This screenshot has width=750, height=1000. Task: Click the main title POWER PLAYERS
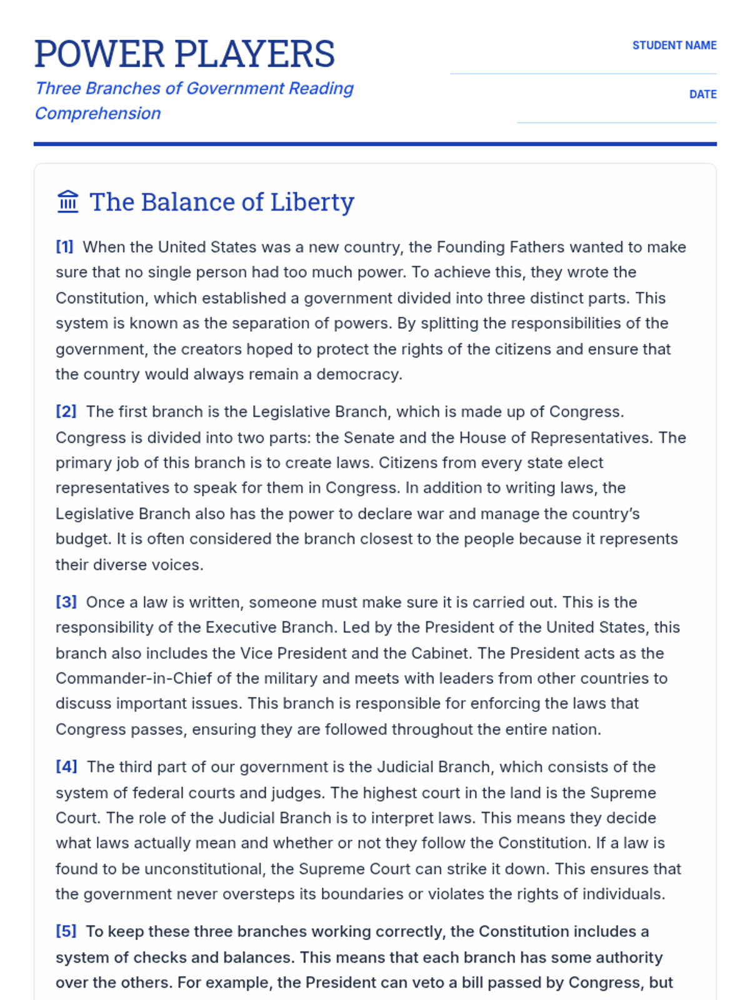point(184,54)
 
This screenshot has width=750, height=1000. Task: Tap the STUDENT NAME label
point(674,46)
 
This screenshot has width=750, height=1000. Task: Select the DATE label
point(702,94)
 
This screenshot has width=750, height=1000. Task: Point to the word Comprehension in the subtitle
point(97,113)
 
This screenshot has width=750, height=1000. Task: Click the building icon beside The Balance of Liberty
point(67,202)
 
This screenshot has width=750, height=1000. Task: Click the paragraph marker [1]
point(64,247)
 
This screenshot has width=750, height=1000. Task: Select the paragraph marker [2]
point(66,411)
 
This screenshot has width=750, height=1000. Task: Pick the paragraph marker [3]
point(66,602)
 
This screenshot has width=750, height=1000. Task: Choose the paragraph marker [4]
point(66,766)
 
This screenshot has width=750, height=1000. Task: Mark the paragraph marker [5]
point(66,931)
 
